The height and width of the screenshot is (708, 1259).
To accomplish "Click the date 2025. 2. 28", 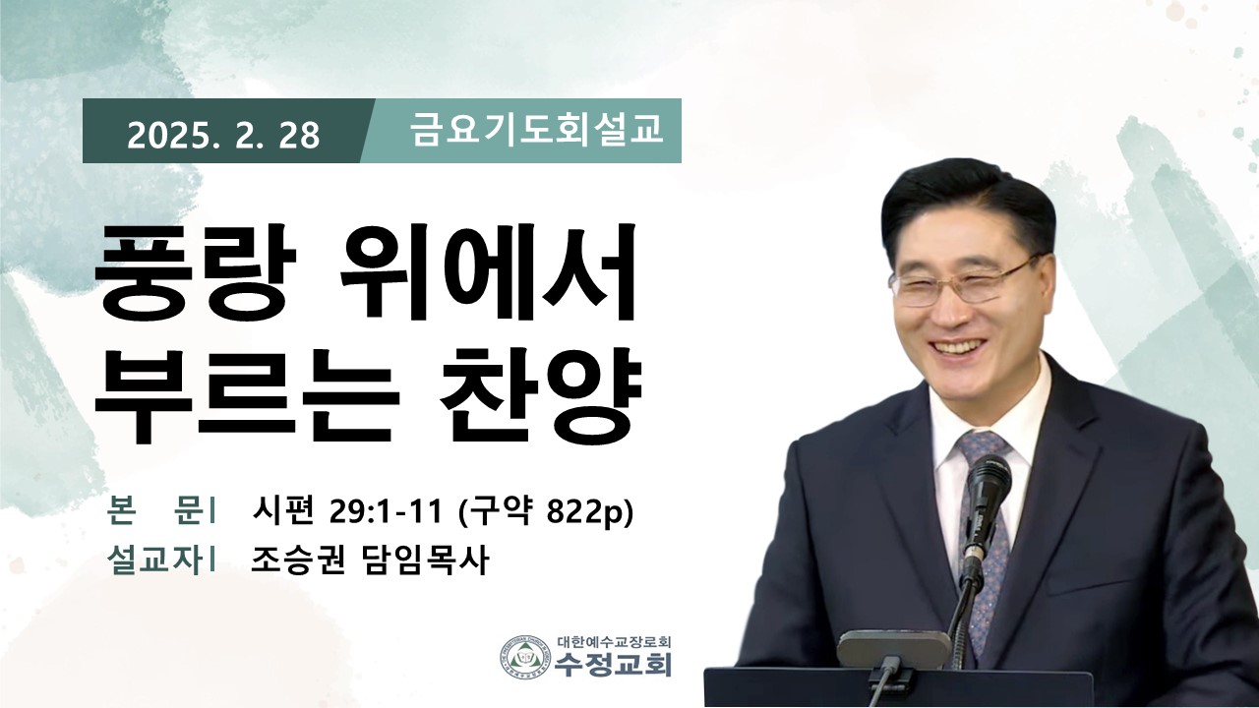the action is pos(223,136).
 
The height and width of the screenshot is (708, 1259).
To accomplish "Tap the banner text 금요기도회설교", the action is pos(536,130).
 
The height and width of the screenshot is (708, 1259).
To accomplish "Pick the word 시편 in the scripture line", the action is pos(282,512).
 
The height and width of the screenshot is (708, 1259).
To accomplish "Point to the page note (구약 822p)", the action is pos(546,512).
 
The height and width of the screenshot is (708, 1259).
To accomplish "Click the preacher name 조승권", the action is pos(298,560).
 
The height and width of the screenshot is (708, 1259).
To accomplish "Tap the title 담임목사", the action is pos(423,560).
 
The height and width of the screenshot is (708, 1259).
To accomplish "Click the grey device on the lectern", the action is pos(894,650).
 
